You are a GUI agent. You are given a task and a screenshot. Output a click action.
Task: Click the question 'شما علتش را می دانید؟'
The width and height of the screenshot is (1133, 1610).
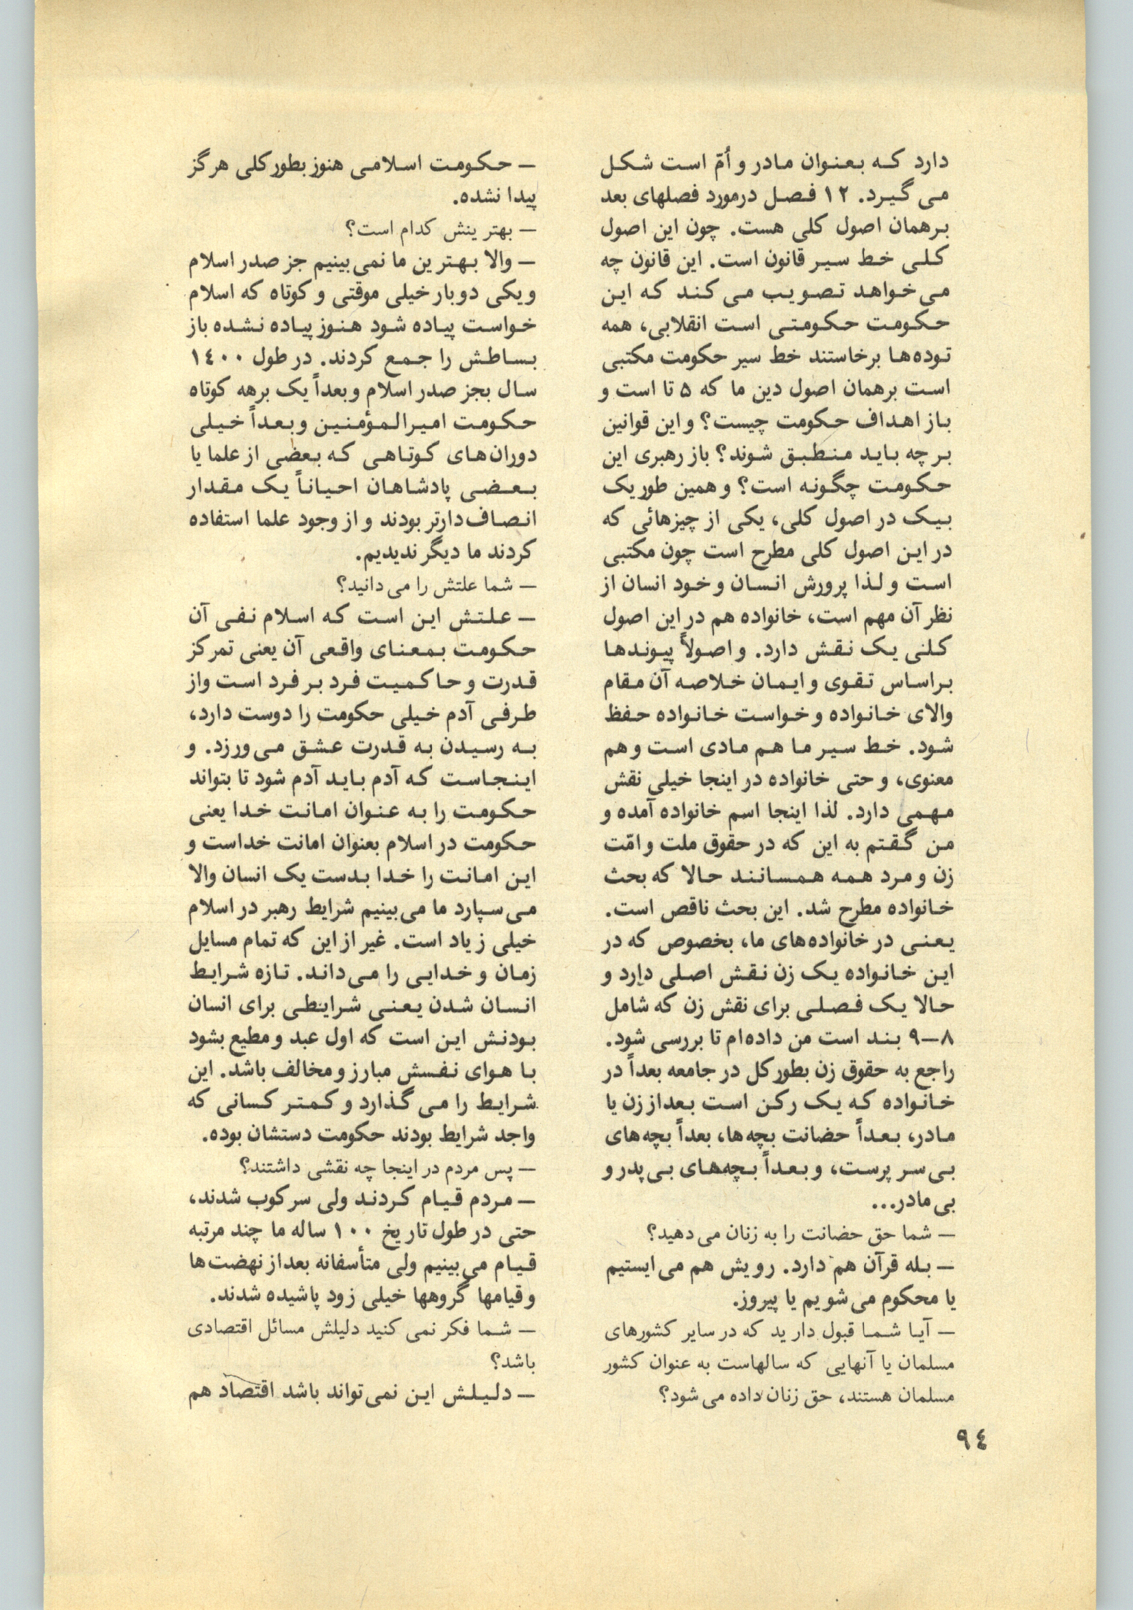436,584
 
